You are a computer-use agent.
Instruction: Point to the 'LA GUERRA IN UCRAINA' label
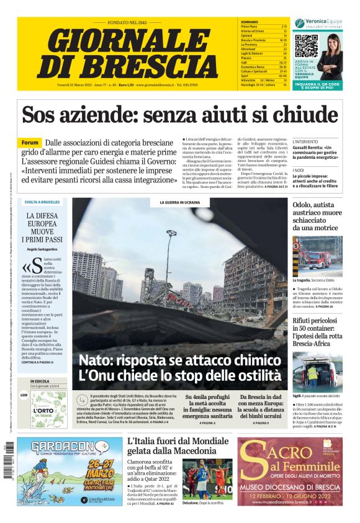click(179, 202)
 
